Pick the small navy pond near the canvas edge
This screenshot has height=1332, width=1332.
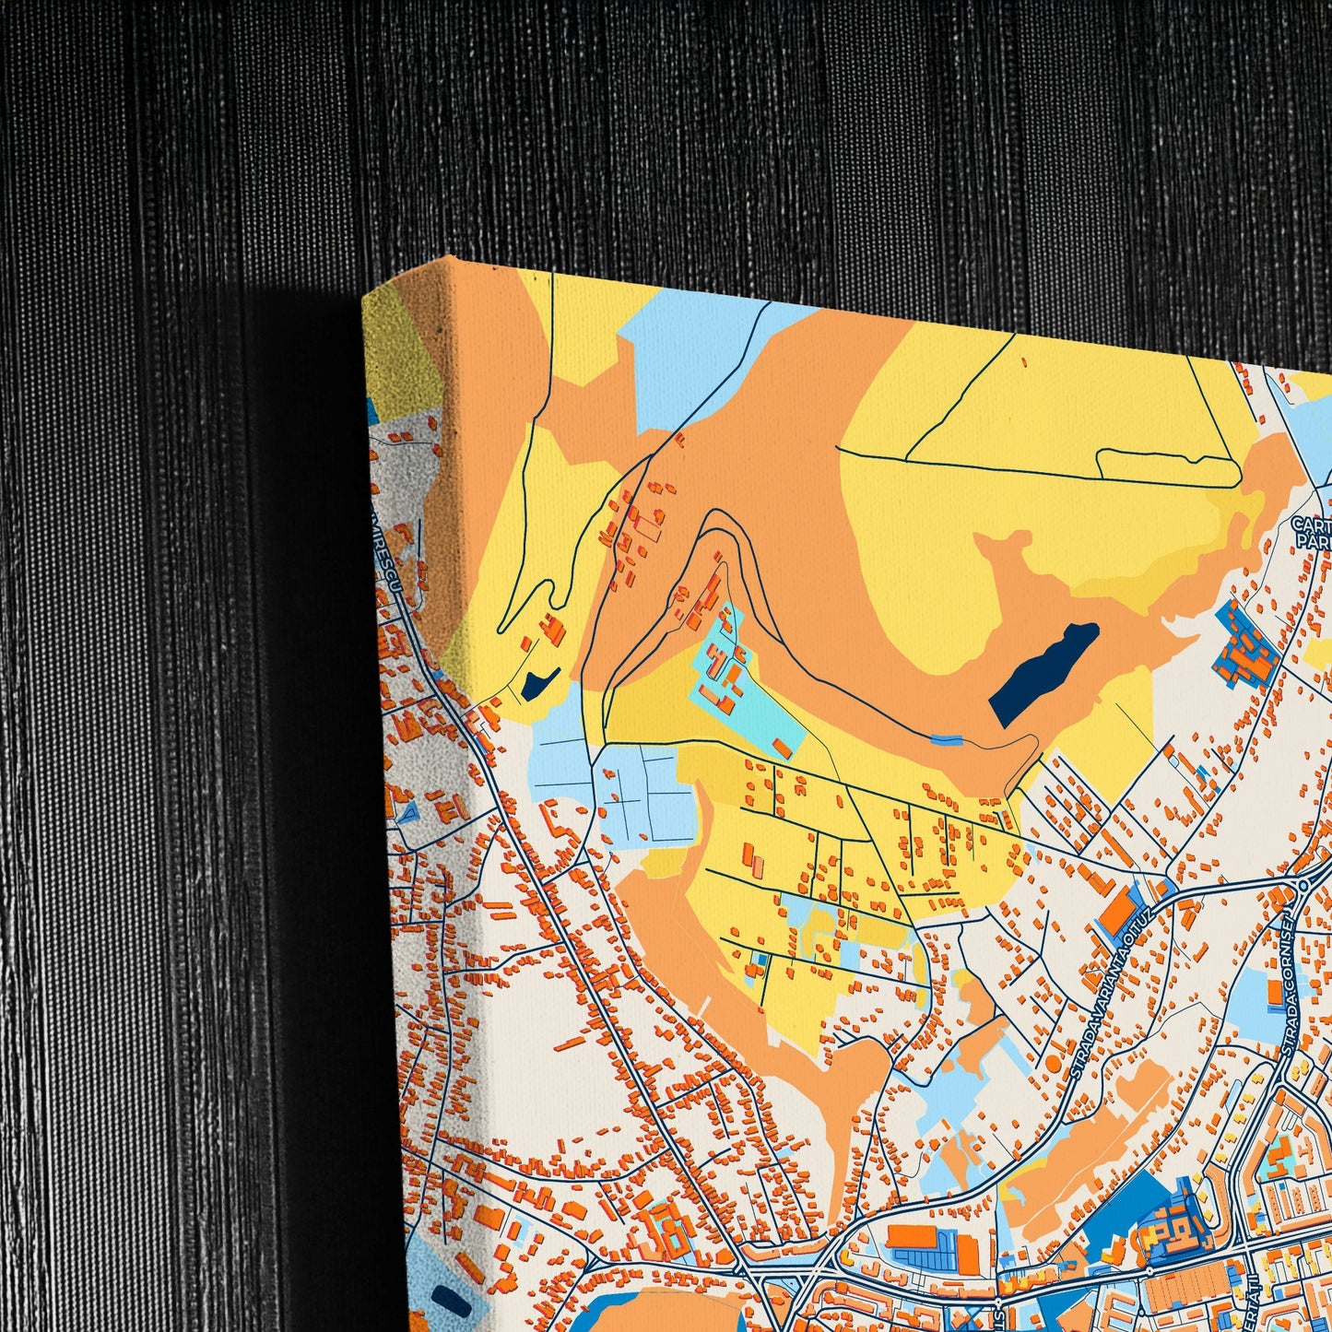pos(536,681)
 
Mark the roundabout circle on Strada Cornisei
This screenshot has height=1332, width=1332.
pos(1303,885)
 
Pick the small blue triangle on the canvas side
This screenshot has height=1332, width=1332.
pos(406,813)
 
